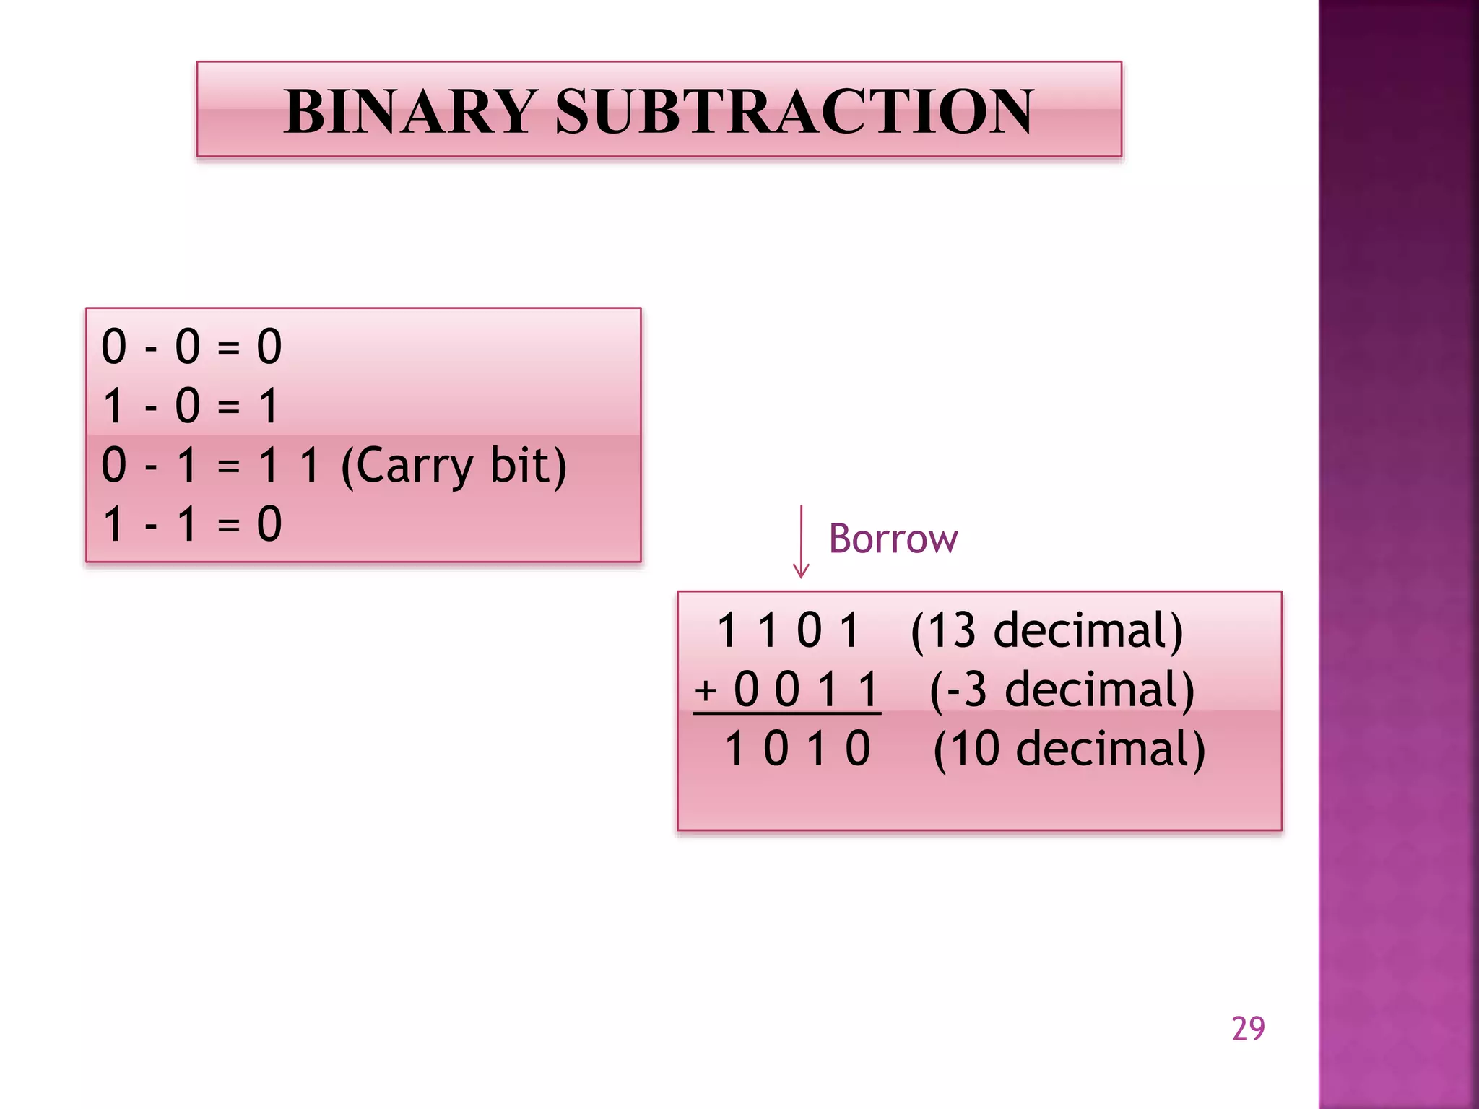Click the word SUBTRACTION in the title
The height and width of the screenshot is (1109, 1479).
coord(794,112)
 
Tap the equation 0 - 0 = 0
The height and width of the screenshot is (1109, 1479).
coord(191,347)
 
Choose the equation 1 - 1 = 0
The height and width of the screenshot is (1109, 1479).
coord(191,524)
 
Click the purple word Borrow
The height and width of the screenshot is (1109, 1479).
coord(893,539)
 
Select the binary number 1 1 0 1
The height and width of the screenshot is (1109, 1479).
coord(788,630)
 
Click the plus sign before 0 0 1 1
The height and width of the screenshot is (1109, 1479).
coord(706,691)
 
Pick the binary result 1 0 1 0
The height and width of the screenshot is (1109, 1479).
coord(797,749)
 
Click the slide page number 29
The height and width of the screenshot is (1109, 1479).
coord(1248,1029)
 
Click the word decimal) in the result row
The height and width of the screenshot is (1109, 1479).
coord(1111,749)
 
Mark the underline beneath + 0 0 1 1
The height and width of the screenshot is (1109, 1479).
coord(786,713)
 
